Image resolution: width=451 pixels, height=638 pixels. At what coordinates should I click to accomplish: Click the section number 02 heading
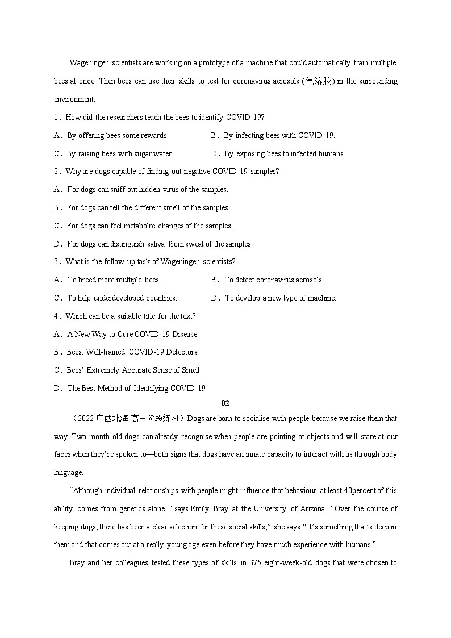(x=225, y=403)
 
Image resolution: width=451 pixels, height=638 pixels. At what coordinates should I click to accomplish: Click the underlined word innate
(x=255, y=454)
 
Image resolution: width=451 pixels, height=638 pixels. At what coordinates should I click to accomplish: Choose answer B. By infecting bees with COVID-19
(x=273, y=135)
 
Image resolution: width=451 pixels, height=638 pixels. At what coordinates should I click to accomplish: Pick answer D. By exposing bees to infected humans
(x=278, y=153)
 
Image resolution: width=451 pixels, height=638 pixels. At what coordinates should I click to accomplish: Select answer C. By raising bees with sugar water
(x=114, y=153)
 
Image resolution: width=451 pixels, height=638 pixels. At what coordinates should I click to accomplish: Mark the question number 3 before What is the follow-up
(x=56, y=261)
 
